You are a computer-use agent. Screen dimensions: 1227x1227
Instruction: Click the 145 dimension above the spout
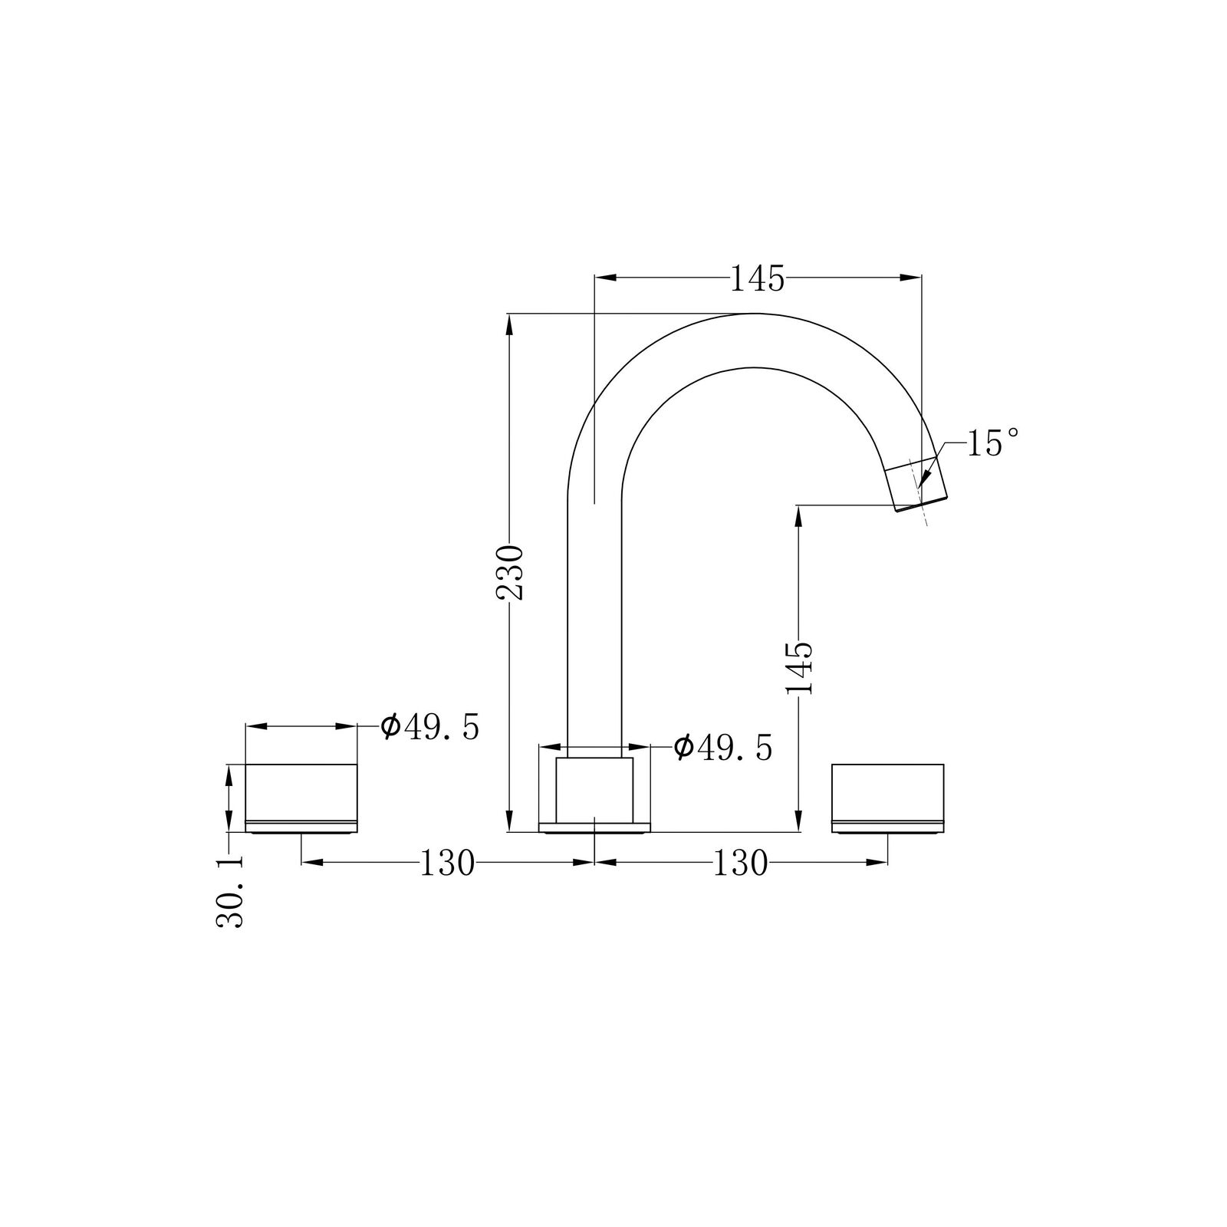757,279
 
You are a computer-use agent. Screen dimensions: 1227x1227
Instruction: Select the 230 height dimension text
508,572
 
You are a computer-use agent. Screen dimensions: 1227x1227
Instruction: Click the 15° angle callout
993,443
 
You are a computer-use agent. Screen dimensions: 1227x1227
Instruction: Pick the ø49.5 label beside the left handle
430,726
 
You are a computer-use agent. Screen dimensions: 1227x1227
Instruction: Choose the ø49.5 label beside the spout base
723,747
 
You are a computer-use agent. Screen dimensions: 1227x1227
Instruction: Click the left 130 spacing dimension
448,864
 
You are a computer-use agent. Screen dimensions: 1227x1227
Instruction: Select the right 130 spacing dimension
741,864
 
